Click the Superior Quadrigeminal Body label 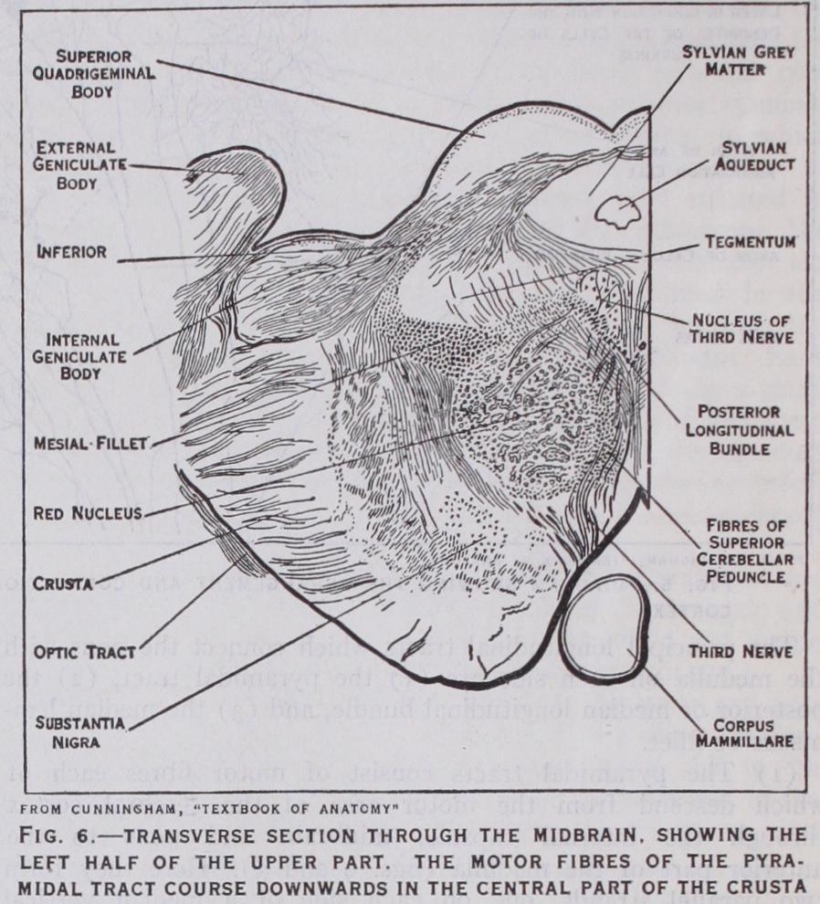pyautogui.click(x=93, y=74)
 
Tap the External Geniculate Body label pyautogui.click(x=79, y=165)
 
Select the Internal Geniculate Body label pyautogui.click(x=79, y=356)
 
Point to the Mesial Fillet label pyautogui.click(x=91, y=444)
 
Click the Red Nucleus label pyautogui.click(x=88, y=513)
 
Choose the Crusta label pyautogui.click(x=62, y=584)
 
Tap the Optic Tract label pyautogui.click(x=84, y=653)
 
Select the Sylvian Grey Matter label pyautogui.click(x=739, y=60)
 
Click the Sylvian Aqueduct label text pyautogui.click(x=755, y=156)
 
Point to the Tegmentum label pyautogui.click(x=751, y=242)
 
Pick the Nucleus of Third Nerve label pyautogui.click(x=742, y=328)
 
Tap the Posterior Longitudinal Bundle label pyautogui.click(x=740, y=430)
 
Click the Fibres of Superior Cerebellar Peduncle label pyautogui.click(x=745, y=551)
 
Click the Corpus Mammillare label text pyautogui.click(x=744, y=732)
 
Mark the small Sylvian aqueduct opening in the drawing pyautogui.click(x=617, y=212)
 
